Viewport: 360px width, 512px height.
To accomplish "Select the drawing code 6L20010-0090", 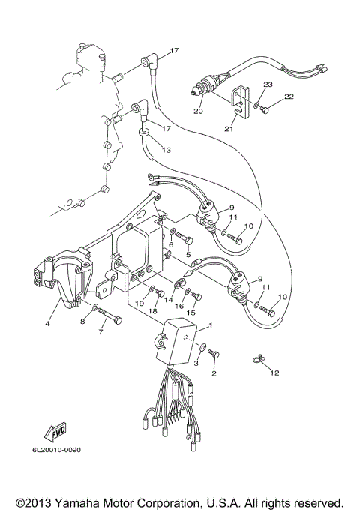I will (x=56, y=450).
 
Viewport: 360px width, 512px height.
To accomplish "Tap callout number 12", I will (x=274, y=373).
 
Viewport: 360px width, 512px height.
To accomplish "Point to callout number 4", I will (x=48, y=324).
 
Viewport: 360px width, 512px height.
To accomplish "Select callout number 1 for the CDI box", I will (x=211, y=325).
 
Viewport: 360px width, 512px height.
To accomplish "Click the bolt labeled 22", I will (x=263, y=109).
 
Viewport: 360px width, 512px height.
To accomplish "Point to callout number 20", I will (x=198, y=112).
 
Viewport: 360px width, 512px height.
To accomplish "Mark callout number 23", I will (x=268, y=85).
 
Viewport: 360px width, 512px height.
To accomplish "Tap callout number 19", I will (x=139, y=304).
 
